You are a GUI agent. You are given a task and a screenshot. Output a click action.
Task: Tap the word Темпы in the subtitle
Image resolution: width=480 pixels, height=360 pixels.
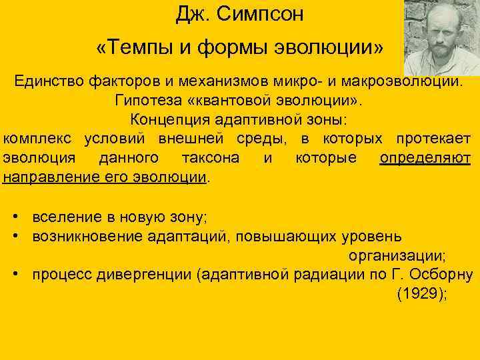[x=138, y=48]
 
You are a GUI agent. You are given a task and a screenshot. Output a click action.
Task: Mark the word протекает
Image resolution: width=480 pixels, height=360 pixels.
[x=433, y=139]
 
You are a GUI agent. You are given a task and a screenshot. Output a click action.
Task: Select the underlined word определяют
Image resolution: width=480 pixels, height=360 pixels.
[x=425, y=159]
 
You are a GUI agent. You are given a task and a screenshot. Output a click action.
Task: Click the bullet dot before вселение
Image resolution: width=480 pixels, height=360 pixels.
[x=15, y=217]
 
